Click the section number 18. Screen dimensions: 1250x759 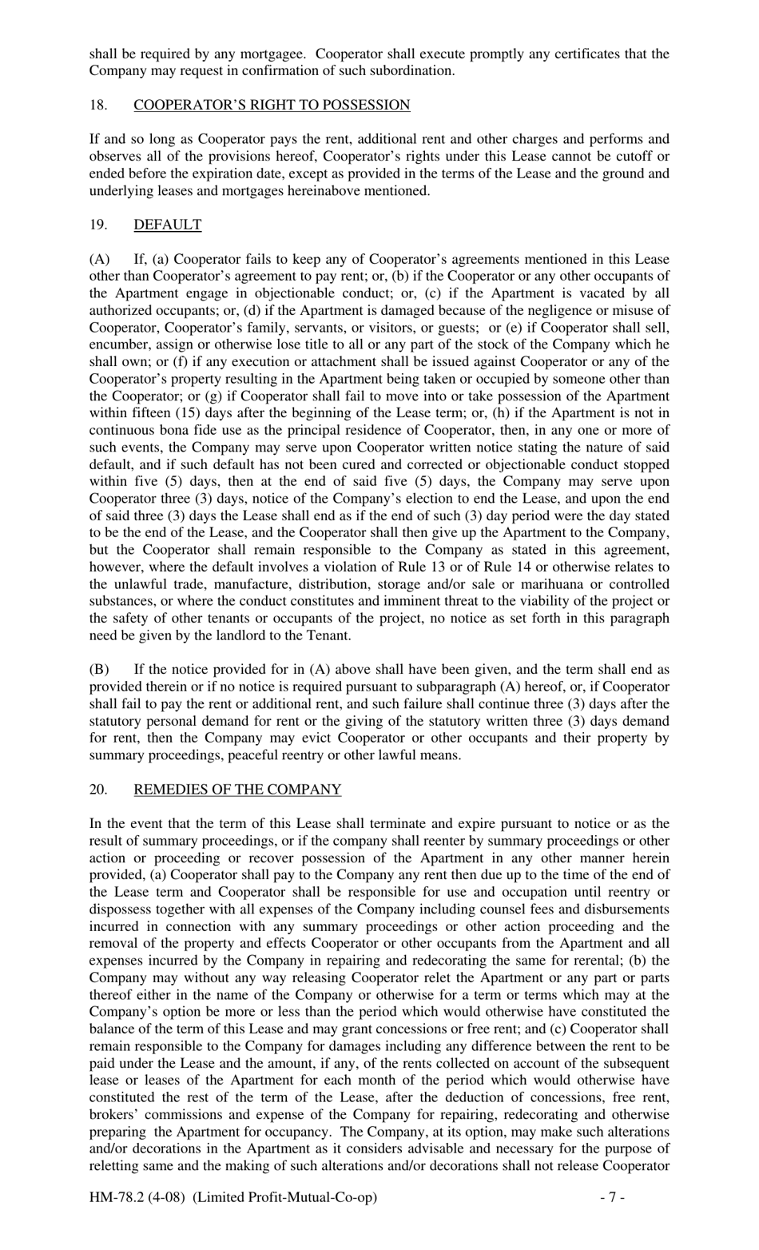(97, 105)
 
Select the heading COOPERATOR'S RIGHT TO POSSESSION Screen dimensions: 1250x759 (272, 105)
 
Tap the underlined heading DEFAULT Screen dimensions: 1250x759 (167, 225)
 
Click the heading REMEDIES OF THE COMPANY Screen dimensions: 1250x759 (236, 790)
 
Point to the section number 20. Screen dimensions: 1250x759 (97, 790)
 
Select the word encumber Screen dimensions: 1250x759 (117, 344)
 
